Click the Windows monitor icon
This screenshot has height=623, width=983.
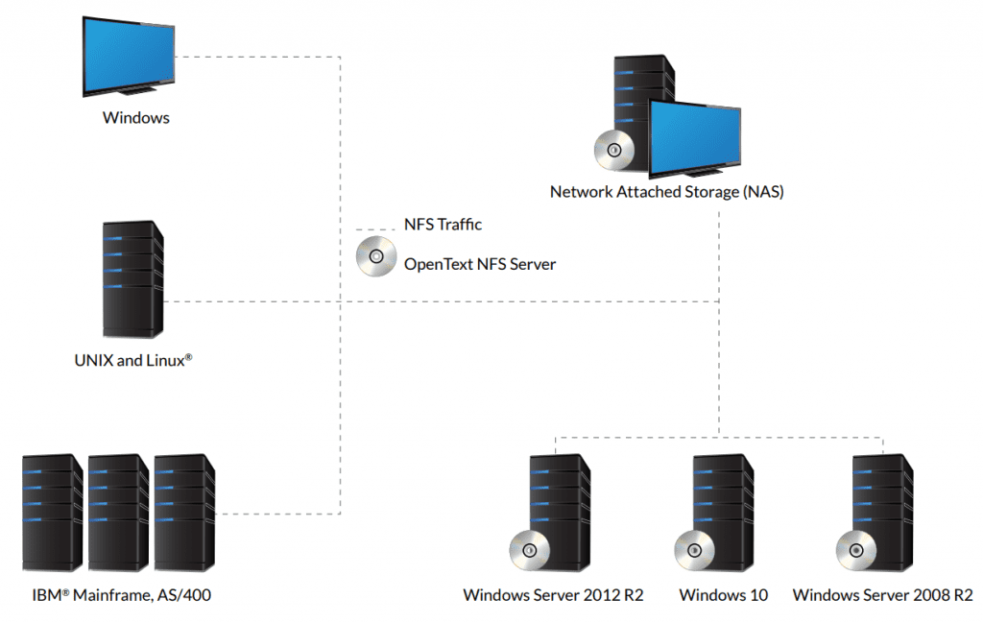point(129,55)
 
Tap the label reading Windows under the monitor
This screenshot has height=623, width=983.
point(136,118)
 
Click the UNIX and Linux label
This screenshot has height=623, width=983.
point(133,361)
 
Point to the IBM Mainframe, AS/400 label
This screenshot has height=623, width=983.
point(117,595)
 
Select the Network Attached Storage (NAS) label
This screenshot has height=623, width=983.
point(666,192)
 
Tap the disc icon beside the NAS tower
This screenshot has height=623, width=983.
point(614,151)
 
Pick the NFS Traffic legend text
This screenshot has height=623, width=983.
point(443,225)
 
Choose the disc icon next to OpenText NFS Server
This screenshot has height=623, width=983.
point(376,257)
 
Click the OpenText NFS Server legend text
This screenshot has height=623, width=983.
point(479,264)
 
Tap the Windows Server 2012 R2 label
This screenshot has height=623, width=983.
point(553,595)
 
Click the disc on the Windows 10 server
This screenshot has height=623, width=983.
point(694,550)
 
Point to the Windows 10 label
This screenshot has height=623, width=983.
point(724,595)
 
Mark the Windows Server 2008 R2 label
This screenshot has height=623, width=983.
point(883,595)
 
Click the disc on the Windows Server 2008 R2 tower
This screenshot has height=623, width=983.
point(854,550)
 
